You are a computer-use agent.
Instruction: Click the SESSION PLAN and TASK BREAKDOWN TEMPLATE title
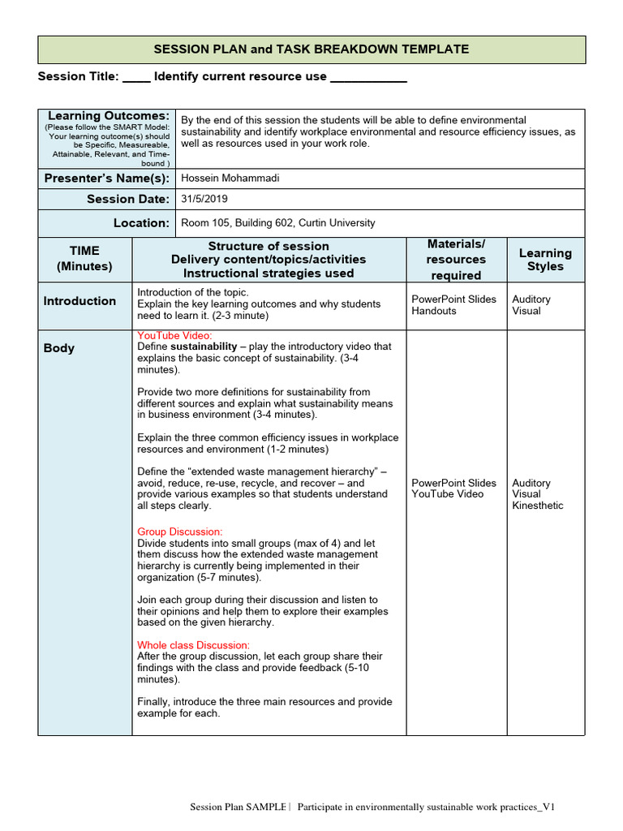(x=311, y=50)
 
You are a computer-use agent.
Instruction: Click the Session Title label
(x=79, y=76)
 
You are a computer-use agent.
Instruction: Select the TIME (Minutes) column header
(x=84, y=259)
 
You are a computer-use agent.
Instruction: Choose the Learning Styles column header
(x=545, y=260)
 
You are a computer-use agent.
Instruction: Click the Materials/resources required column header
(x=456, y=260)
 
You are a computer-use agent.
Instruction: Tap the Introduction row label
(x=79, y=301)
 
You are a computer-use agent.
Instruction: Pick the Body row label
(x=59, y=348)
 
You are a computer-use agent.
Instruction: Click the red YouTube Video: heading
(x=174, y=335)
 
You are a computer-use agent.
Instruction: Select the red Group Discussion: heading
(x=179, y=532)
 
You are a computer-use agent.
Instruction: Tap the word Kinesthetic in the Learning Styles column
(x=537, y=506)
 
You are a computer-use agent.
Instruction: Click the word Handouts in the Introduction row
(x=434, y=311)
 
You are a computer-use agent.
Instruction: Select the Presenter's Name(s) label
(x=106, y=179)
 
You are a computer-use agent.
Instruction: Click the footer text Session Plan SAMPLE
(x=238, y=807)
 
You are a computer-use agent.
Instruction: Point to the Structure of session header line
(x=269, y=246)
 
